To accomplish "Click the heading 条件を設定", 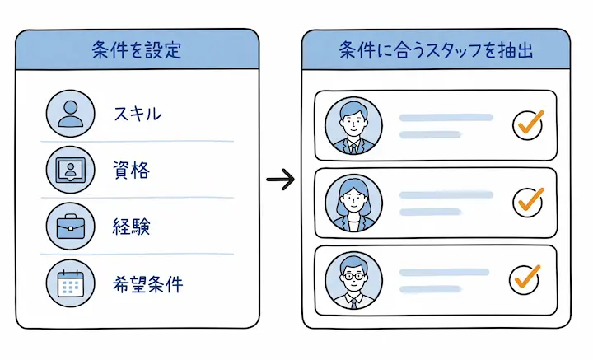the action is (x=137, y=50).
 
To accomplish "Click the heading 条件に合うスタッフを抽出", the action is (x=436, y=50).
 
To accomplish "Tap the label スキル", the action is (x=138, y=114).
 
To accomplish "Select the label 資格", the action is (x=131, y=171).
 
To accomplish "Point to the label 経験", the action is (x=131, y=227).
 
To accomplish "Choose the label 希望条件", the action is (x=148, y=284).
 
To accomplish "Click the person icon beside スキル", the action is (x=70, y=114).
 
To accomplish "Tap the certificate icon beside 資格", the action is (x=70, y=171).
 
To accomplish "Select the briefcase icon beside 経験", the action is (x=70, y=227).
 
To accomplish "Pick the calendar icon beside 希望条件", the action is (x=70, y=283).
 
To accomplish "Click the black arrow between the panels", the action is (x=280, y=179).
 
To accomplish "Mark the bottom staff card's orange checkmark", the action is (x=527, y=277).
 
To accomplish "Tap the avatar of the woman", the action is (x=353, y=203).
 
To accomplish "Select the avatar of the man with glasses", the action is (x=353, y=280).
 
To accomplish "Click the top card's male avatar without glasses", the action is (x=353, y=125).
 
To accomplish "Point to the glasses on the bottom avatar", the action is (x=353, y=277).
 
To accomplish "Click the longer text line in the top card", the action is (x=446, y=118).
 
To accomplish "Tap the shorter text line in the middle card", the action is (x=431, y=213).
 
